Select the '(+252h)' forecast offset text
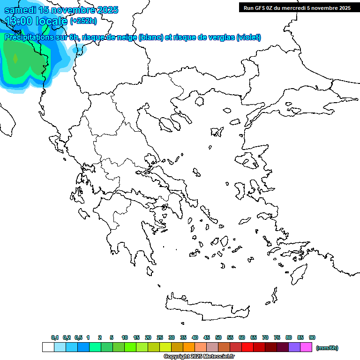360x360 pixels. point(83,21)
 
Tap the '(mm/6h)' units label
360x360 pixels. point(327,348)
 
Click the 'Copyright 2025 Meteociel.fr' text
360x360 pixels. point(199,357)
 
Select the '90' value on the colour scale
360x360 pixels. point(312,337)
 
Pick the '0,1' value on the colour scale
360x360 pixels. point(54,337)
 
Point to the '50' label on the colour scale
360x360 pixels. point(218,337)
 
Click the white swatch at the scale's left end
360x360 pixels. point(48,347)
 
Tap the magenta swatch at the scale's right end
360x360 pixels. point(306,347)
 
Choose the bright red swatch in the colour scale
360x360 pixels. point(247,347)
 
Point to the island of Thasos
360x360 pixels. point(199,101)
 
